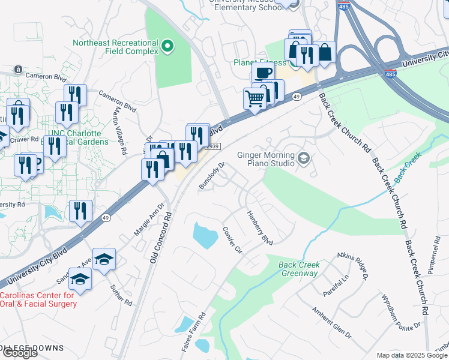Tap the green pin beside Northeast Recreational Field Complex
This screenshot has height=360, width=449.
[x=168, y=46]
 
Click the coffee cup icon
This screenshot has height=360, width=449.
[x=263, y=73]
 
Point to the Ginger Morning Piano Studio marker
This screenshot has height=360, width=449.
[x=303, y=158]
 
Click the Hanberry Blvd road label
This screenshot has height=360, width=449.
[x=260, y=227]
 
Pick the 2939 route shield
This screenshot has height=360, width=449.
[x=214, y=146]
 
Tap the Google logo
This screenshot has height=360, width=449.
[x=19, y=353]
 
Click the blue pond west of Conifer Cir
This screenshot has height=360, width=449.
[x=205, y=235]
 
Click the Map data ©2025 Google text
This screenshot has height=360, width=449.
[x=411, y=355]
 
